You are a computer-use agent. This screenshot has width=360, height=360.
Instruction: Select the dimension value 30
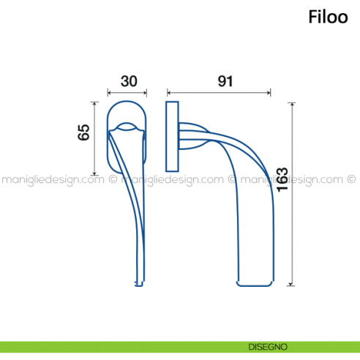(x=128, y=81)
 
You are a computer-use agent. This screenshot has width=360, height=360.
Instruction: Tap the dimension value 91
(x=225, y=81)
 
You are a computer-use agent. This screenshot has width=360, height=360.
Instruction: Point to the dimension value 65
(x=83, y=132)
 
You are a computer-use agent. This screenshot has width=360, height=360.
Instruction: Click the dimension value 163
(x=282, y=179)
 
